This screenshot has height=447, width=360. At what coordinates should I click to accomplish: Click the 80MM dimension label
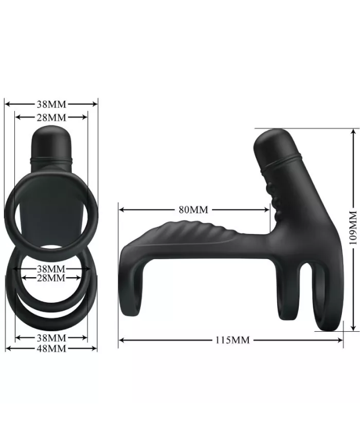(193, 210)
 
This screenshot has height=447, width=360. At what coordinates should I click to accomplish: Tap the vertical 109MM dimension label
(352, 229)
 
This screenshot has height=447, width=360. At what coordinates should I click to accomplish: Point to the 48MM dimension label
(51, 348)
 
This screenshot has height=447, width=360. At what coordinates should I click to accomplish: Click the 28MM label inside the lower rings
(51, 278)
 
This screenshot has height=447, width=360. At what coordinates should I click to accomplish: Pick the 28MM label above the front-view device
(51, 117)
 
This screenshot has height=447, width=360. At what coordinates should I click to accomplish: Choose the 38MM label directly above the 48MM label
(51, 338)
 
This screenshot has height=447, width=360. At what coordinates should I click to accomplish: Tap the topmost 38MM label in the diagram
(51, 104)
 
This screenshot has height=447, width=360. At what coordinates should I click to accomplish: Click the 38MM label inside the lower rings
(51, 269)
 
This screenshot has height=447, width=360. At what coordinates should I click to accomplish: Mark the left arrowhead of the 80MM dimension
(121, 210)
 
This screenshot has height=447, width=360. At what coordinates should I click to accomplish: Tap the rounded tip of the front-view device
(51, 133)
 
